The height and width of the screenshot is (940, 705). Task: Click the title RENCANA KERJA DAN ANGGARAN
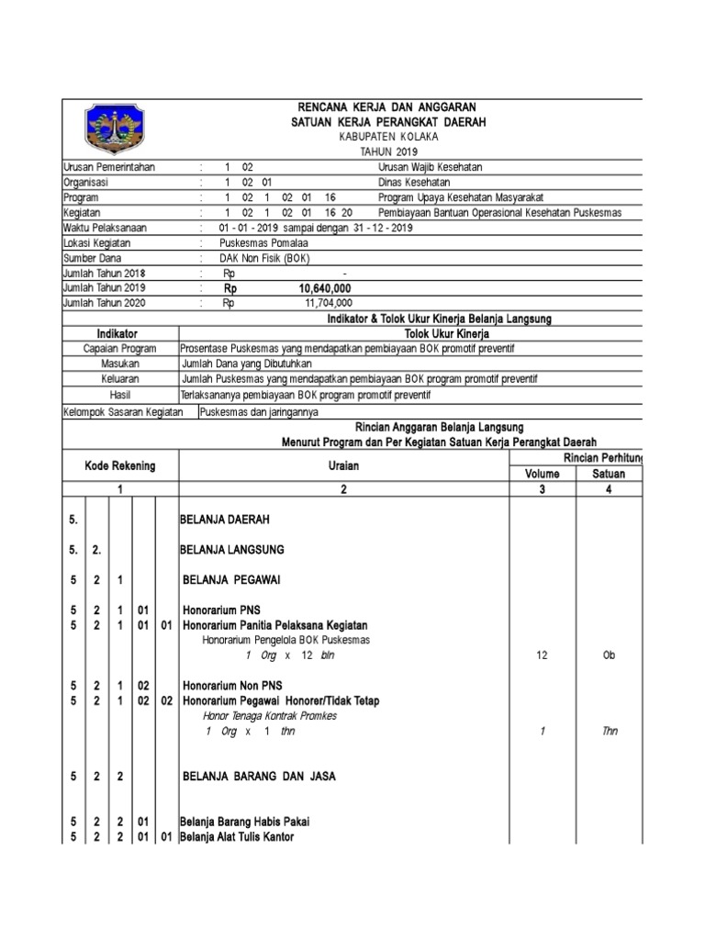click(x=385, y=108)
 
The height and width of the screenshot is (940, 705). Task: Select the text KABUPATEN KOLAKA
click(x=386, y=137)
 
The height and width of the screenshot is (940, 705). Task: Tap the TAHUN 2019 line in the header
click(x=386, y=151)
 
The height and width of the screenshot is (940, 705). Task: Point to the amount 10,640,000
click(x=325, y=288)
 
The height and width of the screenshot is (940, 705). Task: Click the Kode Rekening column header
click(x=120, y=465)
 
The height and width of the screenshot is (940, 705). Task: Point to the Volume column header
click(x=541, y=475)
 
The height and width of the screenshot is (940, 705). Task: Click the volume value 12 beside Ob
click(x=541, y=655)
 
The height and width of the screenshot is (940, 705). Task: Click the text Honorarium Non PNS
click(x=232, y=685)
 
